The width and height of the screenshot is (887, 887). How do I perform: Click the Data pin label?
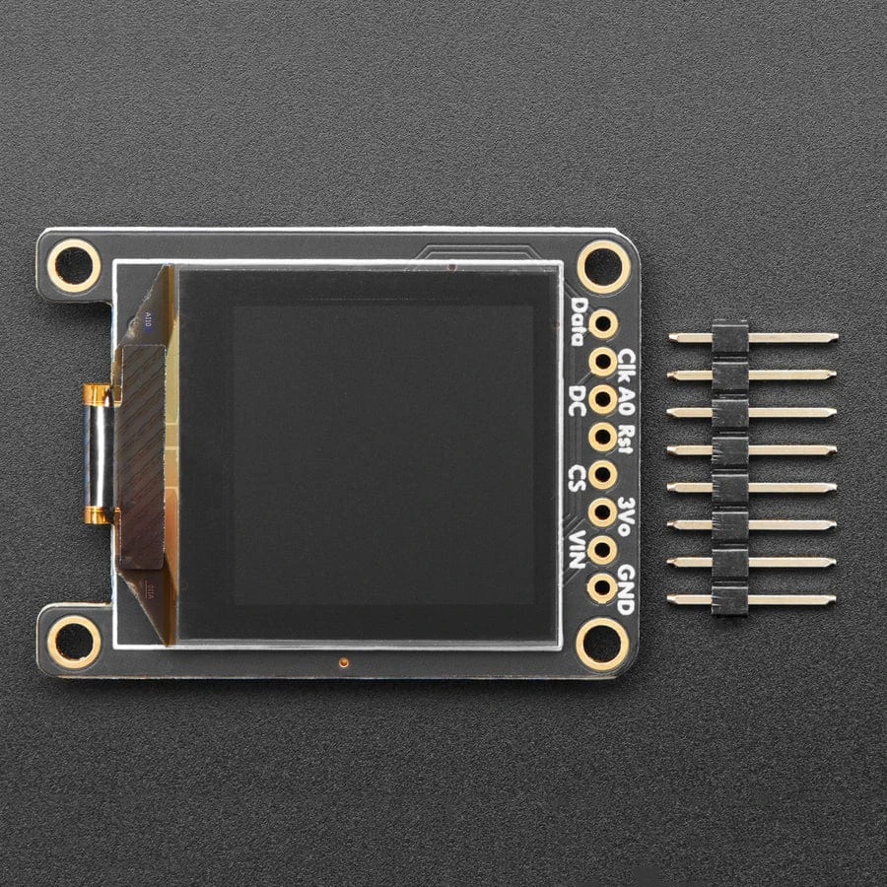[579, 322]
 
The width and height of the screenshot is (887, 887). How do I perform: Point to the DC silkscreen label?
[579, 399]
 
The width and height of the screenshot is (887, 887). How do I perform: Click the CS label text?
[579, 477]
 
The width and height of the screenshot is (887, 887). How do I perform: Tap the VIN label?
[579, 550]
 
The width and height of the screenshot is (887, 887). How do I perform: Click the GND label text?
[625, 589]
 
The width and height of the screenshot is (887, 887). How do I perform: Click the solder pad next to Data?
[602, 323]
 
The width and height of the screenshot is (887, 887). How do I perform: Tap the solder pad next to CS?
[602, 474]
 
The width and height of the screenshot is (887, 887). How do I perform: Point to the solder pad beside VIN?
[602, 550]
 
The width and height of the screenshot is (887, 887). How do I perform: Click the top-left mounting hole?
[74, 265]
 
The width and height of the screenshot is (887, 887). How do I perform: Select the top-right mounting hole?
[603, 265]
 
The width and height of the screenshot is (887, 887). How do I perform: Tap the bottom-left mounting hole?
[74, 642]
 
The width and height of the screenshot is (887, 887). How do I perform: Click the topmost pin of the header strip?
[753, 337]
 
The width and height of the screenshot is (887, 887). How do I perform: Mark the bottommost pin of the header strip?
[753, 599]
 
